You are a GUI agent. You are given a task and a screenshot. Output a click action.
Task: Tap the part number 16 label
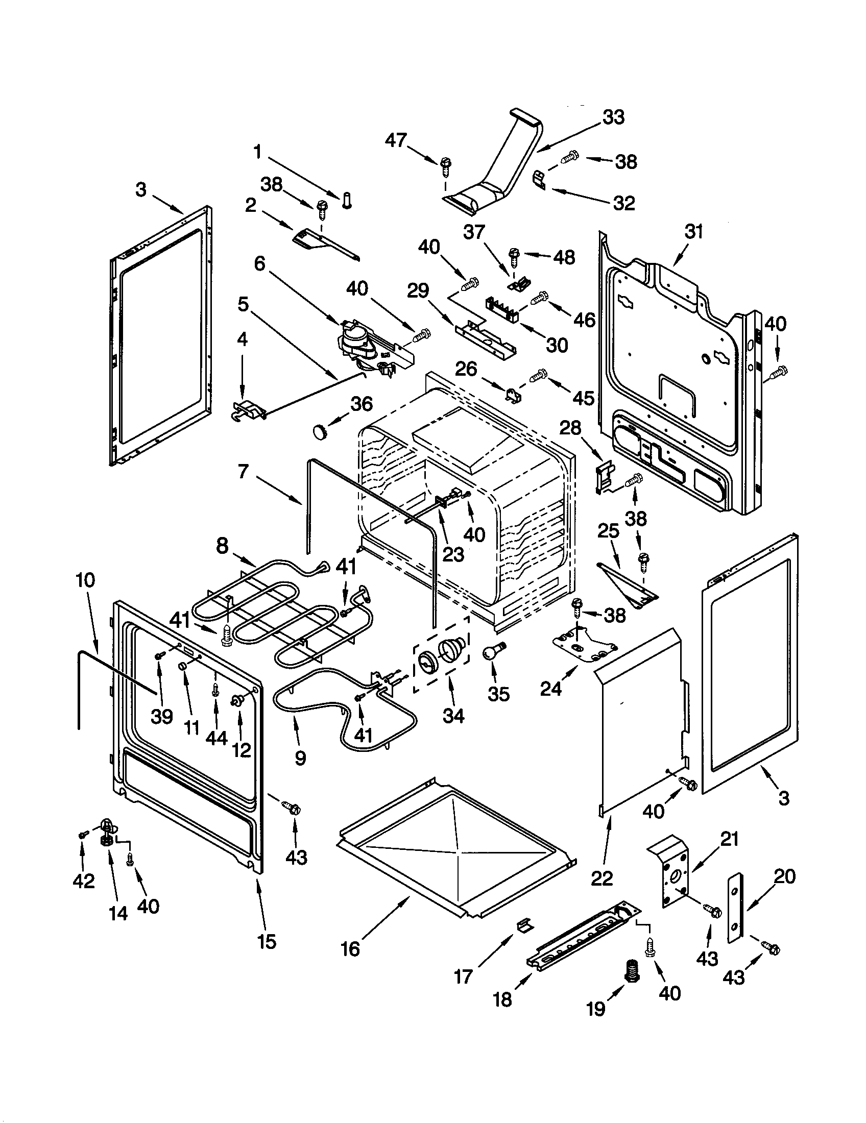[351, 949]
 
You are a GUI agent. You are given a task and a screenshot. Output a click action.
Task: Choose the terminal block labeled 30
[501, 310]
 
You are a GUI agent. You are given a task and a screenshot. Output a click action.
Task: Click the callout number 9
[300, 758]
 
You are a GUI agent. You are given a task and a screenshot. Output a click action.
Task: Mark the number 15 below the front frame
[268, 941]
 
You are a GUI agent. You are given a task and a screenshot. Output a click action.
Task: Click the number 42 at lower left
[84, 882]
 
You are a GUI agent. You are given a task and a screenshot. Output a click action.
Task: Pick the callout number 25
[608, 531]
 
